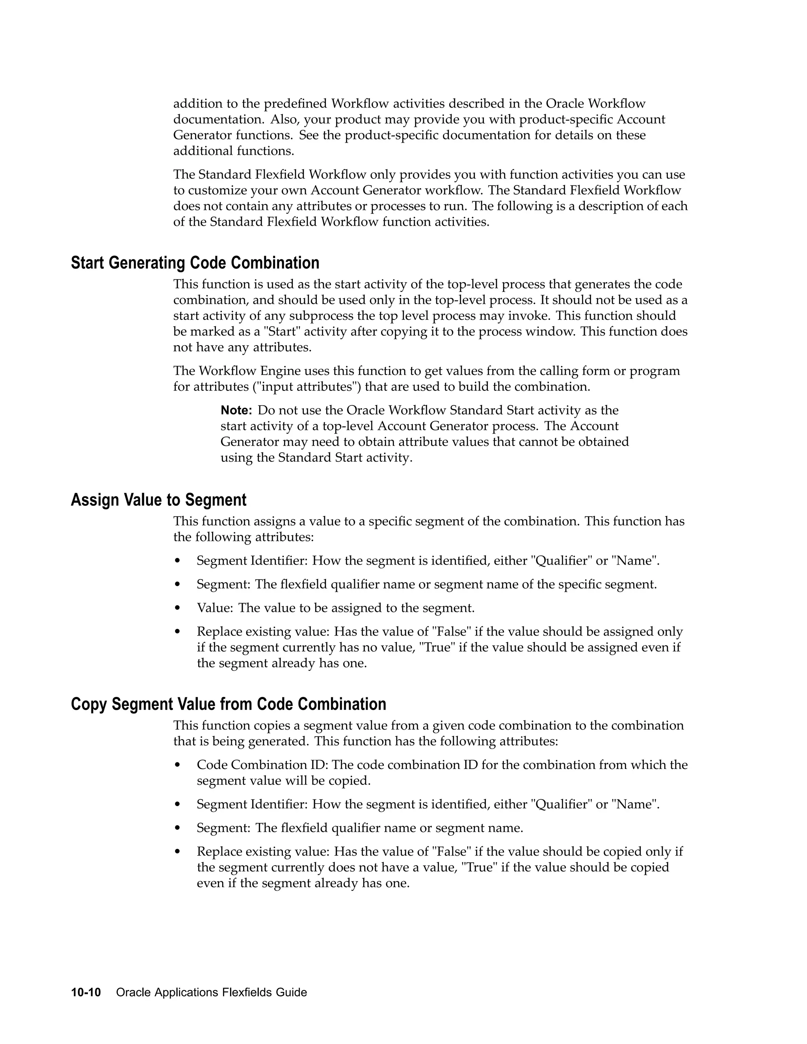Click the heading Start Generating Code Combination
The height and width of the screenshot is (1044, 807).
195,263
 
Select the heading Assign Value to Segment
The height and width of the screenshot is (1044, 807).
159,500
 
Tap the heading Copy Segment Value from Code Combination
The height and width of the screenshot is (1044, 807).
229,704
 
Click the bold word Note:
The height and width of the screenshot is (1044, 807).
236,410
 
